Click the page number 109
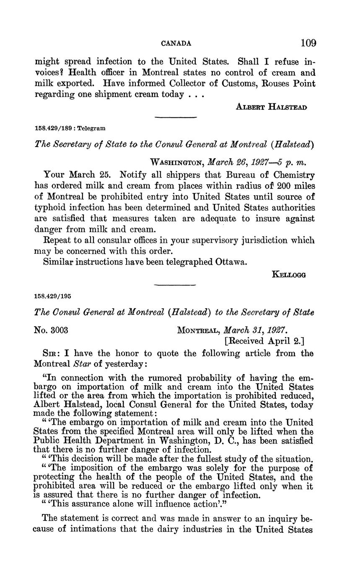point(308,43)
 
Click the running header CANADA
point(176,43)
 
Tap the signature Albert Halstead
point(272,107)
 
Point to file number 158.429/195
point(52,295)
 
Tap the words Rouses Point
point(289,83)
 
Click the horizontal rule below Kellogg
point(175,285)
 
